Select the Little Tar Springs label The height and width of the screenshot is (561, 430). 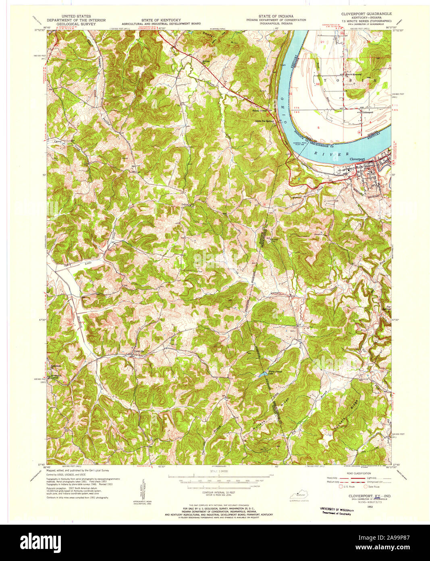264,121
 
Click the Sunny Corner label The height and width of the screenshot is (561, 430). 260,110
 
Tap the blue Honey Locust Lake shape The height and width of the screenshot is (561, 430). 262,375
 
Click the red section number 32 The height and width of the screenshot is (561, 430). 318,84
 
